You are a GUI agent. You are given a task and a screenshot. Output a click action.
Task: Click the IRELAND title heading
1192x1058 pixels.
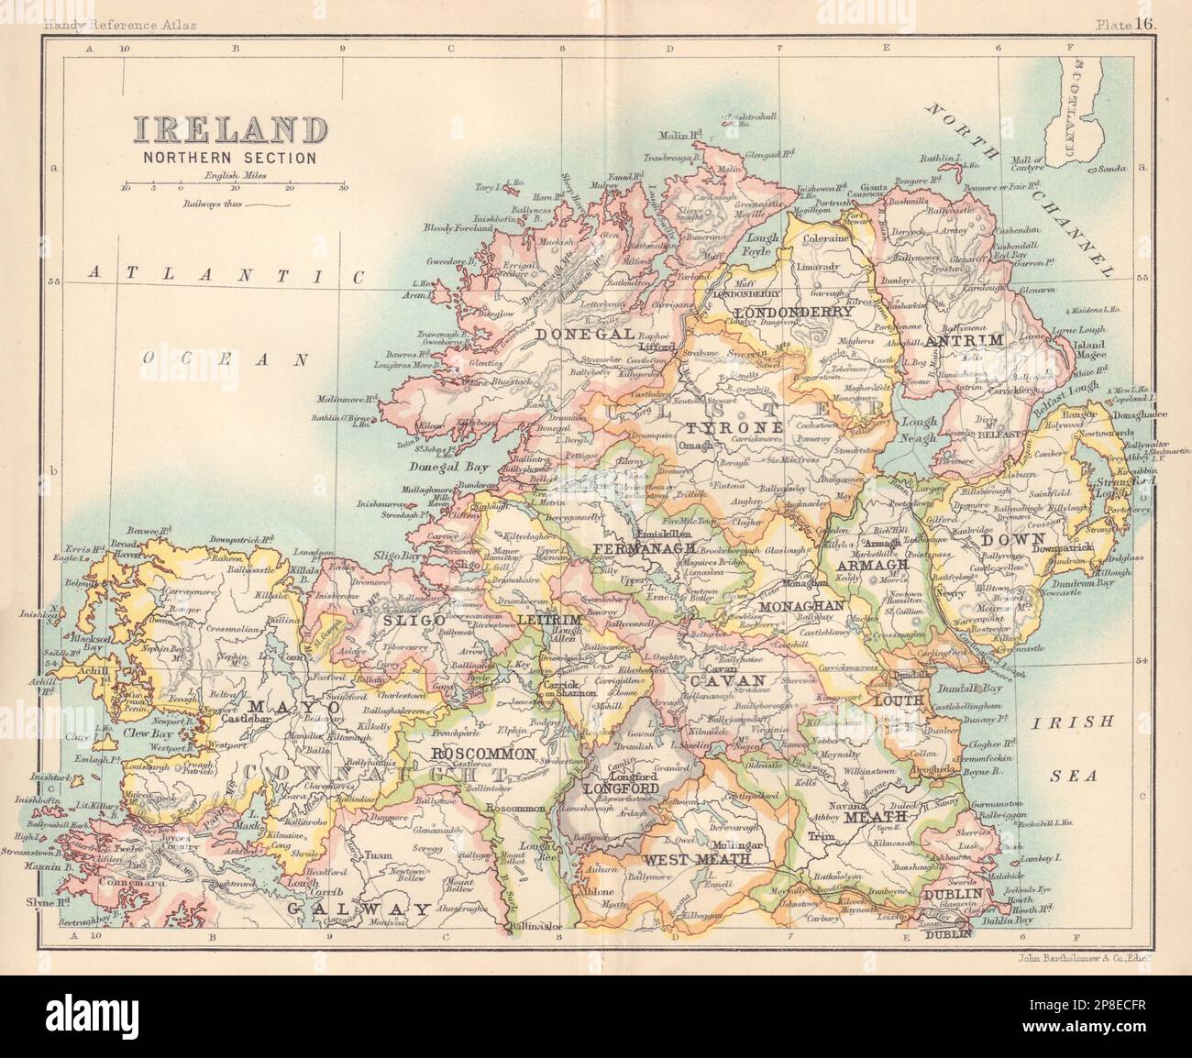pyautogui.click(x=228, y=129)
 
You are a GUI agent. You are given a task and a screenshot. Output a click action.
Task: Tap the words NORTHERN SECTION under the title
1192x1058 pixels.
pyautogui.click(x=228, y=157)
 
